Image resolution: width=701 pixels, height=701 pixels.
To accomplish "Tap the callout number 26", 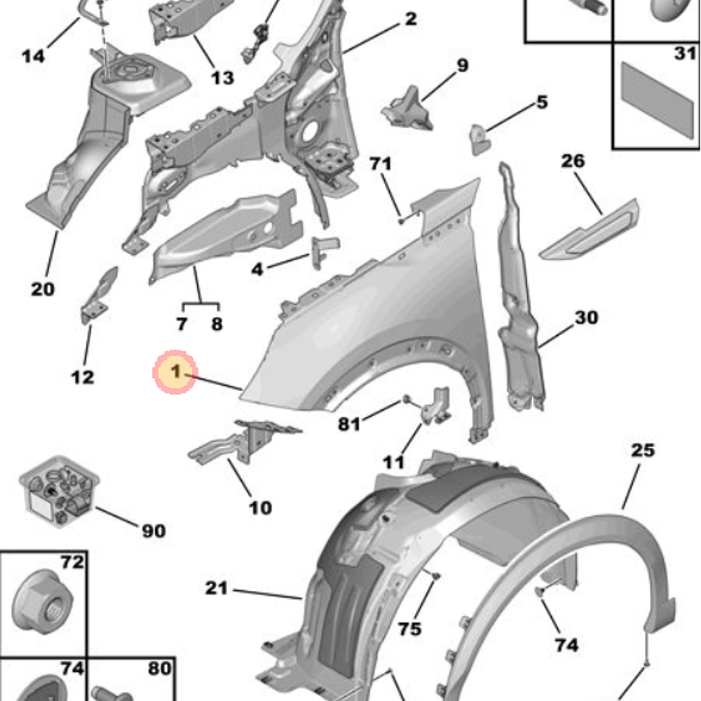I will click(573, 162).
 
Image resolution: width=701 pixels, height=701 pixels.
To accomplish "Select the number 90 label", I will click(154, 531).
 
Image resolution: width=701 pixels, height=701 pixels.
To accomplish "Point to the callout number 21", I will click(217, 589).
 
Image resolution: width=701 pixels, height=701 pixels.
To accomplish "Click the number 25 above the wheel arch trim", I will click(642, 450).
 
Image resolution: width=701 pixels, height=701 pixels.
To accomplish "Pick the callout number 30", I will click(587, 318).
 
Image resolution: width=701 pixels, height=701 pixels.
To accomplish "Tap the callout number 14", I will click(33, 56).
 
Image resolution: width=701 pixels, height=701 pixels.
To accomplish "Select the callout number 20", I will click(42, 288).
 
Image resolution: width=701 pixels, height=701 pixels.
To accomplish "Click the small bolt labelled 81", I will click(406, 401).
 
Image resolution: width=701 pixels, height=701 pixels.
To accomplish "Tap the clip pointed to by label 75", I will click(435, 576).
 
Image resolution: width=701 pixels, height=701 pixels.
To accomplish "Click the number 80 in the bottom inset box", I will click(159, 668).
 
